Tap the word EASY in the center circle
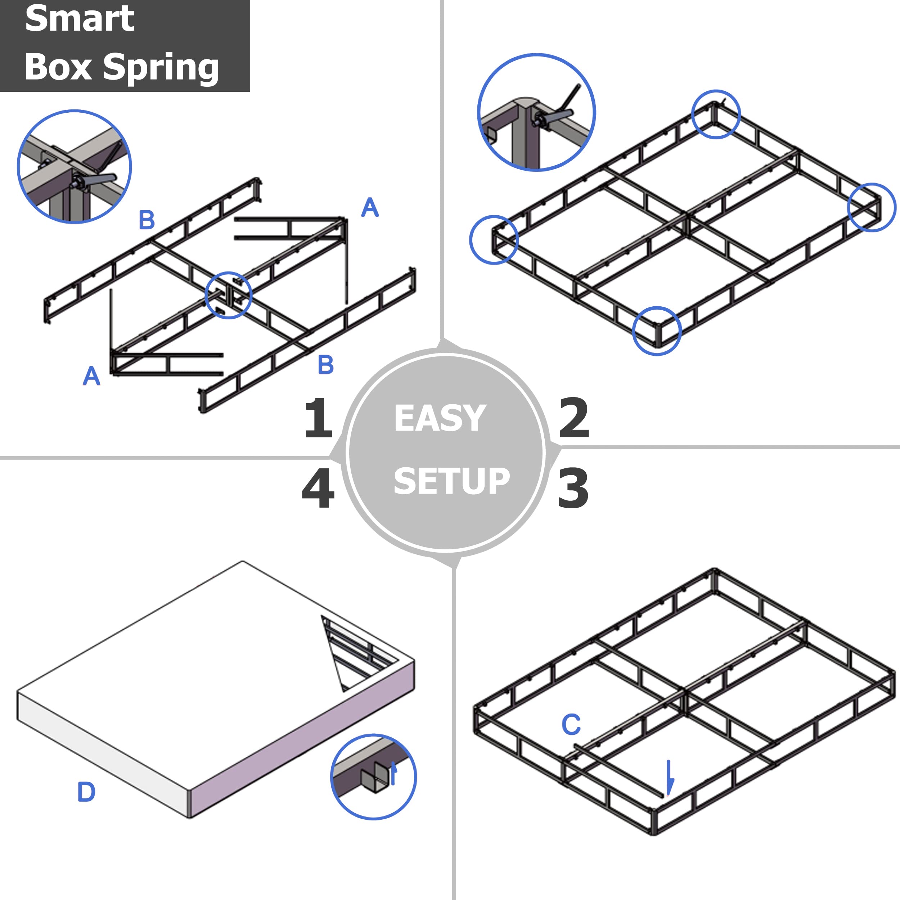[440, 418]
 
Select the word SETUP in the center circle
[451, 481]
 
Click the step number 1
[318, 418]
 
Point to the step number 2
[574, 418]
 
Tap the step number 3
[573, 488]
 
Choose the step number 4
[318, 488]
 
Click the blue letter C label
[571, 724]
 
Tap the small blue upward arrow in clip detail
[393, 773]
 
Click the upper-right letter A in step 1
[370, 207]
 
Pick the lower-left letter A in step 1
[91, 375]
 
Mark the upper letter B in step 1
[147, 220]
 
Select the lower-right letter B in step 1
[326, 365]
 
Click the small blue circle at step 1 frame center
[228, 295]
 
